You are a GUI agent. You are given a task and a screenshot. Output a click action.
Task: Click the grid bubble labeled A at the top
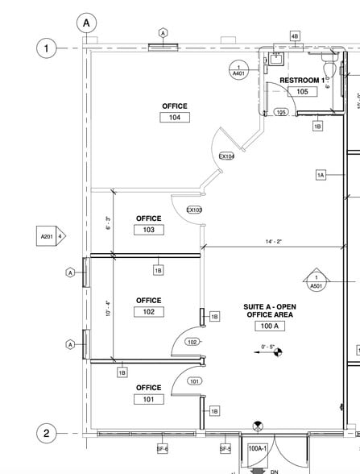pos(86,23)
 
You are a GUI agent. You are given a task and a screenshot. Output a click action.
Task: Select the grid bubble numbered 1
pos(47,49)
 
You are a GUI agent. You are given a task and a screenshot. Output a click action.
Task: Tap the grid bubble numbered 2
pos(47,434)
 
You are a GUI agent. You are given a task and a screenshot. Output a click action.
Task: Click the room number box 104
pos(174,117)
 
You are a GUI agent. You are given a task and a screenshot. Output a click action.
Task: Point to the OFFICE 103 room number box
pos(148,230)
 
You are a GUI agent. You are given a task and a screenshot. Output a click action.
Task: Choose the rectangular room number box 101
pos(148,399)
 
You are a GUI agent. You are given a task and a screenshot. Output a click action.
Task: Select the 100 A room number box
pos(270,326)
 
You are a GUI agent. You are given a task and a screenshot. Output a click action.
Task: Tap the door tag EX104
pos(227,156)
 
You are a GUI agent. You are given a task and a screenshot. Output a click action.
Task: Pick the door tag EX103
pos(194,210)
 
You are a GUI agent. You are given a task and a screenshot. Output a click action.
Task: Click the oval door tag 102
pos(192,342)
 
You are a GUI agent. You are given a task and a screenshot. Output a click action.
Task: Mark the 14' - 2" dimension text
pos(272,240)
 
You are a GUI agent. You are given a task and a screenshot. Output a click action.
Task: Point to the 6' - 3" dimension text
pos(108,223)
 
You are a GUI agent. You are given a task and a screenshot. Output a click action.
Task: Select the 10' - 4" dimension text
pos(108,309)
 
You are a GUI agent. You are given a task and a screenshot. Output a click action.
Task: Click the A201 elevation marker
pos(50,237)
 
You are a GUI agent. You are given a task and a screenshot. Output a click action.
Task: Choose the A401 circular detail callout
pos(238,70)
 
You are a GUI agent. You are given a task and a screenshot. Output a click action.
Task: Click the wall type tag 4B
pos(295,36)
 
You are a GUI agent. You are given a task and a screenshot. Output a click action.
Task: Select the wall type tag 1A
pos(321,175)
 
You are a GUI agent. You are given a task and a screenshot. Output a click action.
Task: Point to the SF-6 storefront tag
pos(162,448)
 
